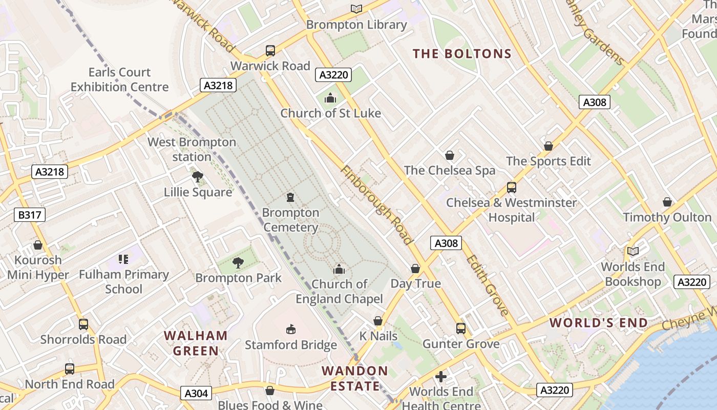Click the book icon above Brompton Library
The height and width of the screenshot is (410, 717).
(x=356, y=9)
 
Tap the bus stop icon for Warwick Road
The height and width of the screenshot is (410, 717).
(x=270, y=51)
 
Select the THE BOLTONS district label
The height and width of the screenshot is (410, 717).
(x=462, y=54)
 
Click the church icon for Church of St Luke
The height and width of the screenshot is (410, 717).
(x=330, y=97)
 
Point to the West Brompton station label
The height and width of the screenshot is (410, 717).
(x=192, y=149)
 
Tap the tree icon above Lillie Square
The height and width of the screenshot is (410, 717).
(x=197, y=177)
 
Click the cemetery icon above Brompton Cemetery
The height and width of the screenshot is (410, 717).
(x=290, y=197)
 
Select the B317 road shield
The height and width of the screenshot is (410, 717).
(x=30, y=215)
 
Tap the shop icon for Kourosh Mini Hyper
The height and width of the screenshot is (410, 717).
(x=37, y=245)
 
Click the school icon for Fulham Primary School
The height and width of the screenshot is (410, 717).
(x=123, y=259)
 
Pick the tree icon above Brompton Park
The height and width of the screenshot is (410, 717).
(x=238, y=263)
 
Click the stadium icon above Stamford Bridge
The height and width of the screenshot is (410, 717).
(x=290, y=329)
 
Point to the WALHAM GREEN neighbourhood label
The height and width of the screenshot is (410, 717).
(x=196, y=343)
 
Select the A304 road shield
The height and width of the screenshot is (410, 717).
(x=196, y=393)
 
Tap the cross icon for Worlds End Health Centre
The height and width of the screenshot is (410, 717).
(x=440, y=377)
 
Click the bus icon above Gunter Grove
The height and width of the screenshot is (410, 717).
(x=460, y=329)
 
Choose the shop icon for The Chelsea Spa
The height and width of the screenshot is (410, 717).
(x=449, y=155)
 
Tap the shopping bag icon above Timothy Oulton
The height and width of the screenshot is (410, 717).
(x=667, y=202)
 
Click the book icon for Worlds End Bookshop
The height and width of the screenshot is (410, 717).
(x=633, y=251)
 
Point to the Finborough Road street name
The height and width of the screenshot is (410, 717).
(x=376, y=205)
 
